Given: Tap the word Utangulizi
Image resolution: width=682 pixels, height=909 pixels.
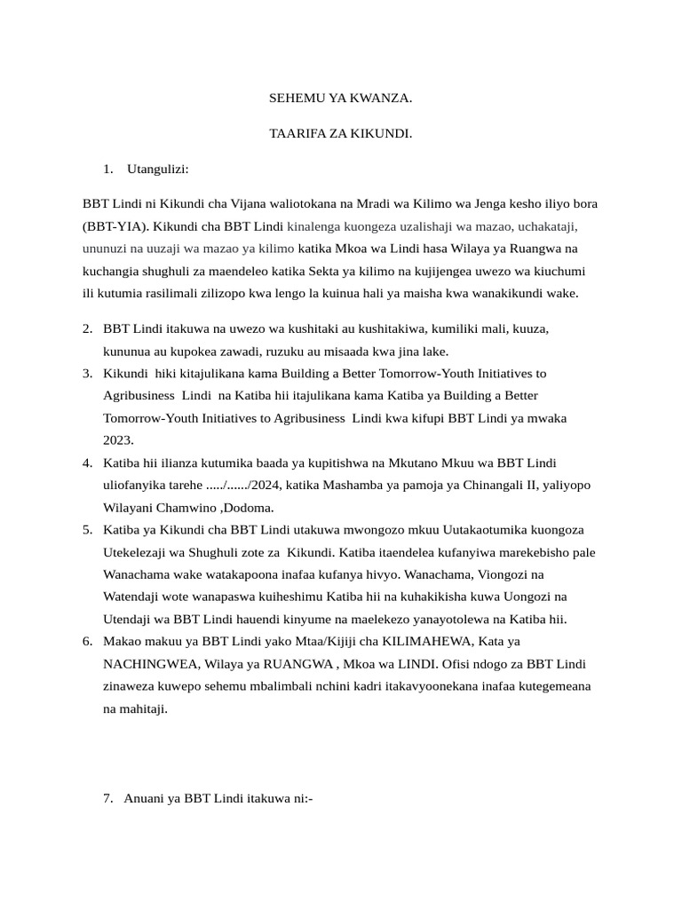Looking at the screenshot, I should click(158, 169).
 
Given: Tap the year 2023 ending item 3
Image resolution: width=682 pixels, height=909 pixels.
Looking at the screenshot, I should click(117, 439).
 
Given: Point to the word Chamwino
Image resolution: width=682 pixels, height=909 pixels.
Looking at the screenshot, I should click(185, 508).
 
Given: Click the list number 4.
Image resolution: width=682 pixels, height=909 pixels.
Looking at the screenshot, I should click(88, 462).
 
